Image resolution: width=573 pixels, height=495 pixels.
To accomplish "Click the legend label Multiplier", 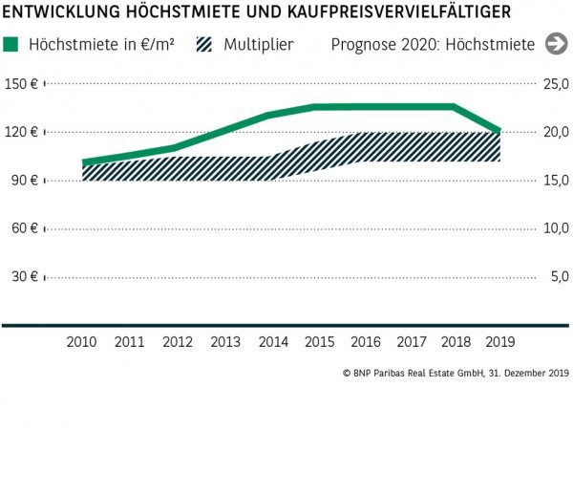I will tap(259, 45).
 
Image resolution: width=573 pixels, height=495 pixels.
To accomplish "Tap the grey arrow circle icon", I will tap(556, 44).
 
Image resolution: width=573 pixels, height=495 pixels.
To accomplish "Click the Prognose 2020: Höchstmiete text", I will tap(433, 45).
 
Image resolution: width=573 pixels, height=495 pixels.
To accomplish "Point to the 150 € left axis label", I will tap(20, 84).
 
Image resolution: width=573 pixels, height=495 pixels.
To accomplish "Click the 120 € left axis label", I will tap(20, 132).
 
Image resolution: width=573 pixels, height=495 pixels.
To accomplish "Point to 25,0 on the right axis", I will tap(556, 84).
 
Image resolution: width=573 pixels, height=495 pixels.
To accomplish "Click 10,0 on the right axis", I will tap(556, 228).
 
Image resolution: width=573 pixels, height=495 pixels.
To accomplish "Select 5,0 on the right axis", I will tap(559, 277).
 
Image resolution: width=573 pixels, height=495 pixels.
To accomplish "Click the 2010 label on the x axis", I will tap(82, 341).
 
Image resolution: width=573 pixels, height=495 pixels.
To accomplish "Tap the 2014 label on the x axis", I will tap(272, 341).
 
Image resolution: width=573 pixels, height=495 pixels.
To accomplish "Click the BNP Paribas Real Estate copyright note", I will tap(455, 374).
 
